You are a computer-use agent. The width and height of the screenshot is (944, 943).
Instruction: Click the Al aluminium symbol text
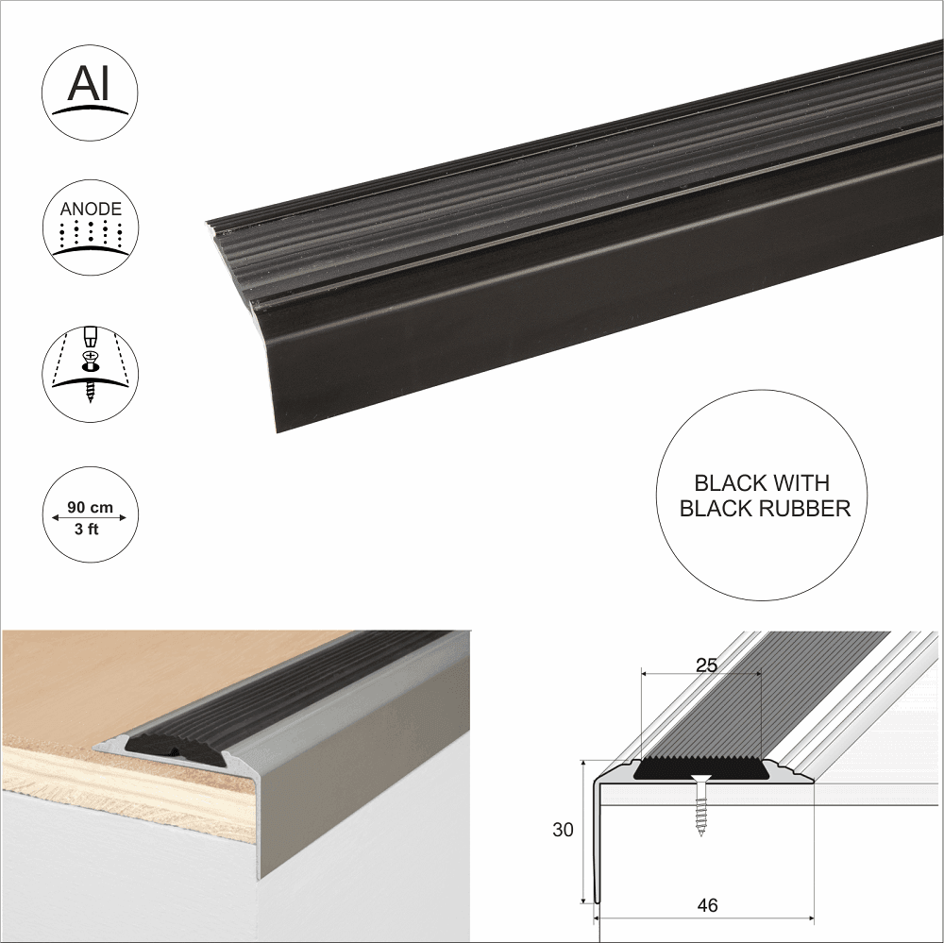90,85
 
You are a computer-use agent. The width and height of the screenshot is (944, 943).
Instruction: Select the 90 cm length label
91,508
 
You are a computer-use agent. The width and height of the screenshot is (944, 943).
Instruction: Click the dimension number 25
706,665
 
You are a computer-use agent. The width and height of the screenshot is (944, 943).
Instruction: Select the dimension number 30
563,830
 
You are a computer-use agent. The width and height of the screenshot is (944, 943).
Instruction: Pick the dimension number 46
707,905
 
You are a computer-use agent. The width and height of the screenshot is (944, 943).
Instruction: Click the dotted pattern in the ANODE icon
90,234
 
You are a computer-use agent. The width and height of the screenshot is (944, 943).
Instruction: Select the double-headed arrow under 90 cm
91,518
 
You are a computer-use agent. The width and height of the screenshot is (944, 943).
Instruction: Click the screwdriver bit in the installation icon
92,338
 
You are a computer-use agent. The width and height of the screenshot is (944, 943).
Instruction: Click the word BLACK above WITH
730,483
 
